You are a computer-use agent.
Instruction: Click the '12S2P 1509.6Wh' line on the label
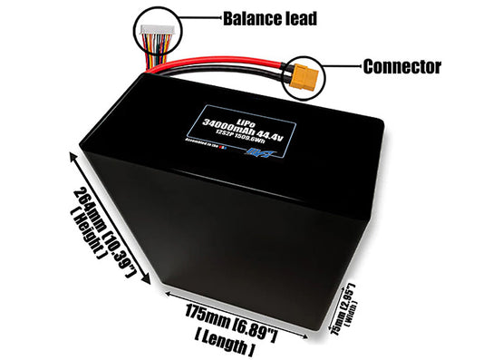254,137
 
